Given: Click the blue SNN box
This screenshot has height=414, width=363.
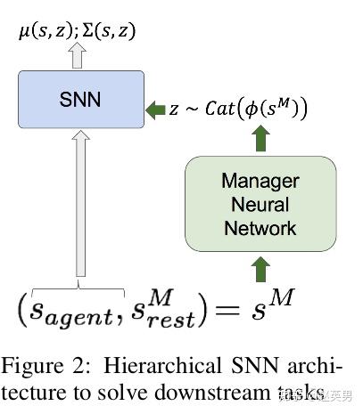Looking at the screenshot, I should coord(80,100).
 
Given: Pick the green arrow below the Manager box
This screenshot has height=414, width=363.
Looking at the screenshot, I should coord(260,268).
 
